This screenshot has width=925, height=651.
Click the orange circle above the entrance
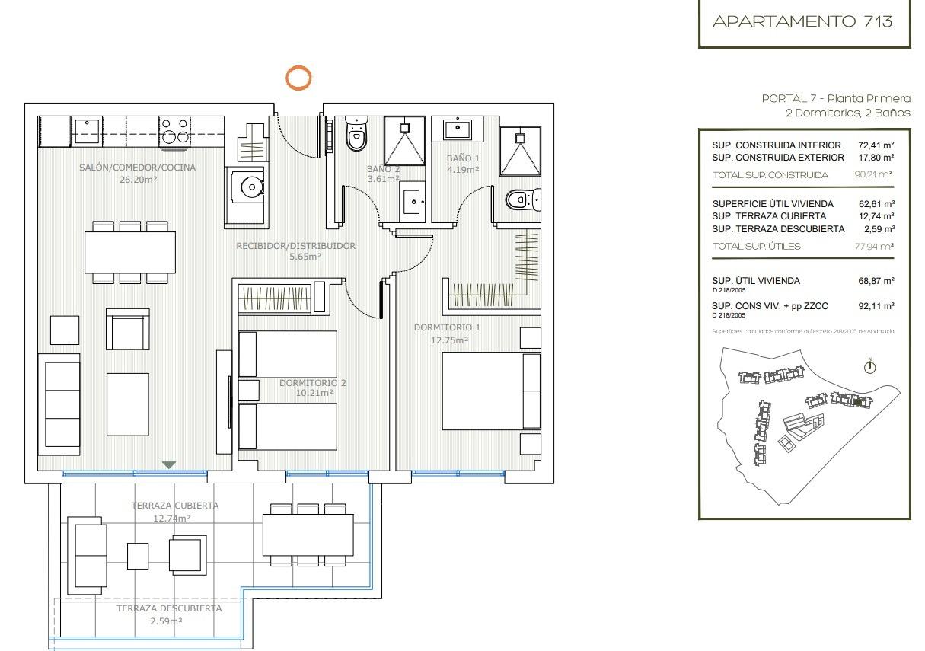tap(298, 78)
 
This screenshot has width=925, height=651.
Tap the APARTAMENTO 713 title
tap(802, 21)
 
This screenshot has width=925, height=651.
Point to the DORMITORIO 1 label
tap(447, 327)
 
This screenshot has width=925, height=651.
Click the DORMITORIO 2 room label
tap(312, 383)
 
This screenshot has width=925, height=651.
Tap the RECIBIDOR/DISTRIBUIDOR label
tap(295, 246)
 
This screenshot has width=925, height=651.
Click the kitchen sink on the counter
tap(88, 130)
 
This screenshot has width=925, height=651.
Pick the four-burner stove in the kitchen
tap(174, 130)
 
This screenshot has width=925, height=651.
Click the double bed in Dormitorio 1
tap(491, 391)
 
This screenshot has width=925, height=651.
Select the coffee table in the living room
tap(127, 404)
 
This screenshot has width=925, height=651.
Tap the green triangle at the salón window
tap(169, 464)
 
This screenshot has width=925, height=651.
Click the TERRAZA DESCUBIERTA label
tap(169, 608)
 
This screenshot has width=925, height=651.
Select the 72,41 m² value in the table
tap(876, 145)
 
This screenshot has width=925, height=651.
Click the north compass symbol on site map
tap(869, 367)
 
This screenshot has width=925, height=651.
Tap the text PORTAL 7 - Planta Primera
tap(835, 98)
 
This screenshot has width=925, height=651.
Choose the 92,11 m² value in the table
tap(876, 306)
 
